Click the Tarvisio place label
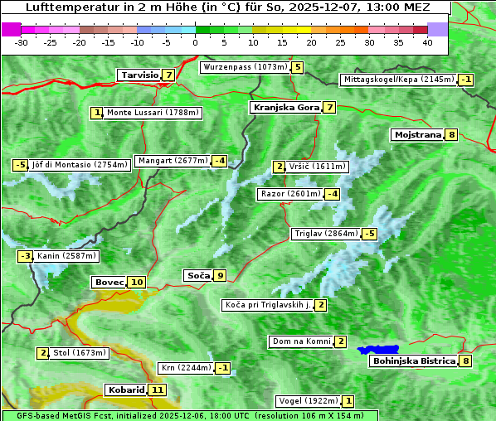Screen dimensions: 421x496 [139, 75]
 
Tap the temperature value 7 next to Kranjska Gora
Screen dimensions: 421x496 [329, 107]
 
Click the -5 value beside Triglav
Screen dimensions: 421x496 [370, 234]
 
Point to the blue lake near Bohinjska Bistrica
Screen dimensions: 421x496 [379, 350]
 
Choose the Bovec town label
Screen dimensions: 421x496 [109, 282]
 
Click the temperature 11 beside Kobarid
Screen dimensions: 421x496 [158, 390]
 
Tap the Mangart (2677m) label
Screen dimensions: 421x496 [173, 161]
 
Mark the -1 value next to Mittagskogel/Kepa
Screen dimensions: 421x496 [466, 80]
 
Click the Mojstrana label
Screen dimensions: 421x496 [417, 134]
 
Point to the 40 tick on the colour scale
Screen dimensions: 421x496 [427, 41]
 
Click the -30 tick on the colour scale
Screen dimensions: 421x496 [22, 41]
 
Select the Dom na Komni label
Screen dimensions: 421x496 [301, 341]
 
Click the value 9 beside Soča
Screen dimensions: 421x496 [220, 275]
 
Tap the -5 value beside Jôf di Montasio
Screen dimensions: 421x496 [20, 165]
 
